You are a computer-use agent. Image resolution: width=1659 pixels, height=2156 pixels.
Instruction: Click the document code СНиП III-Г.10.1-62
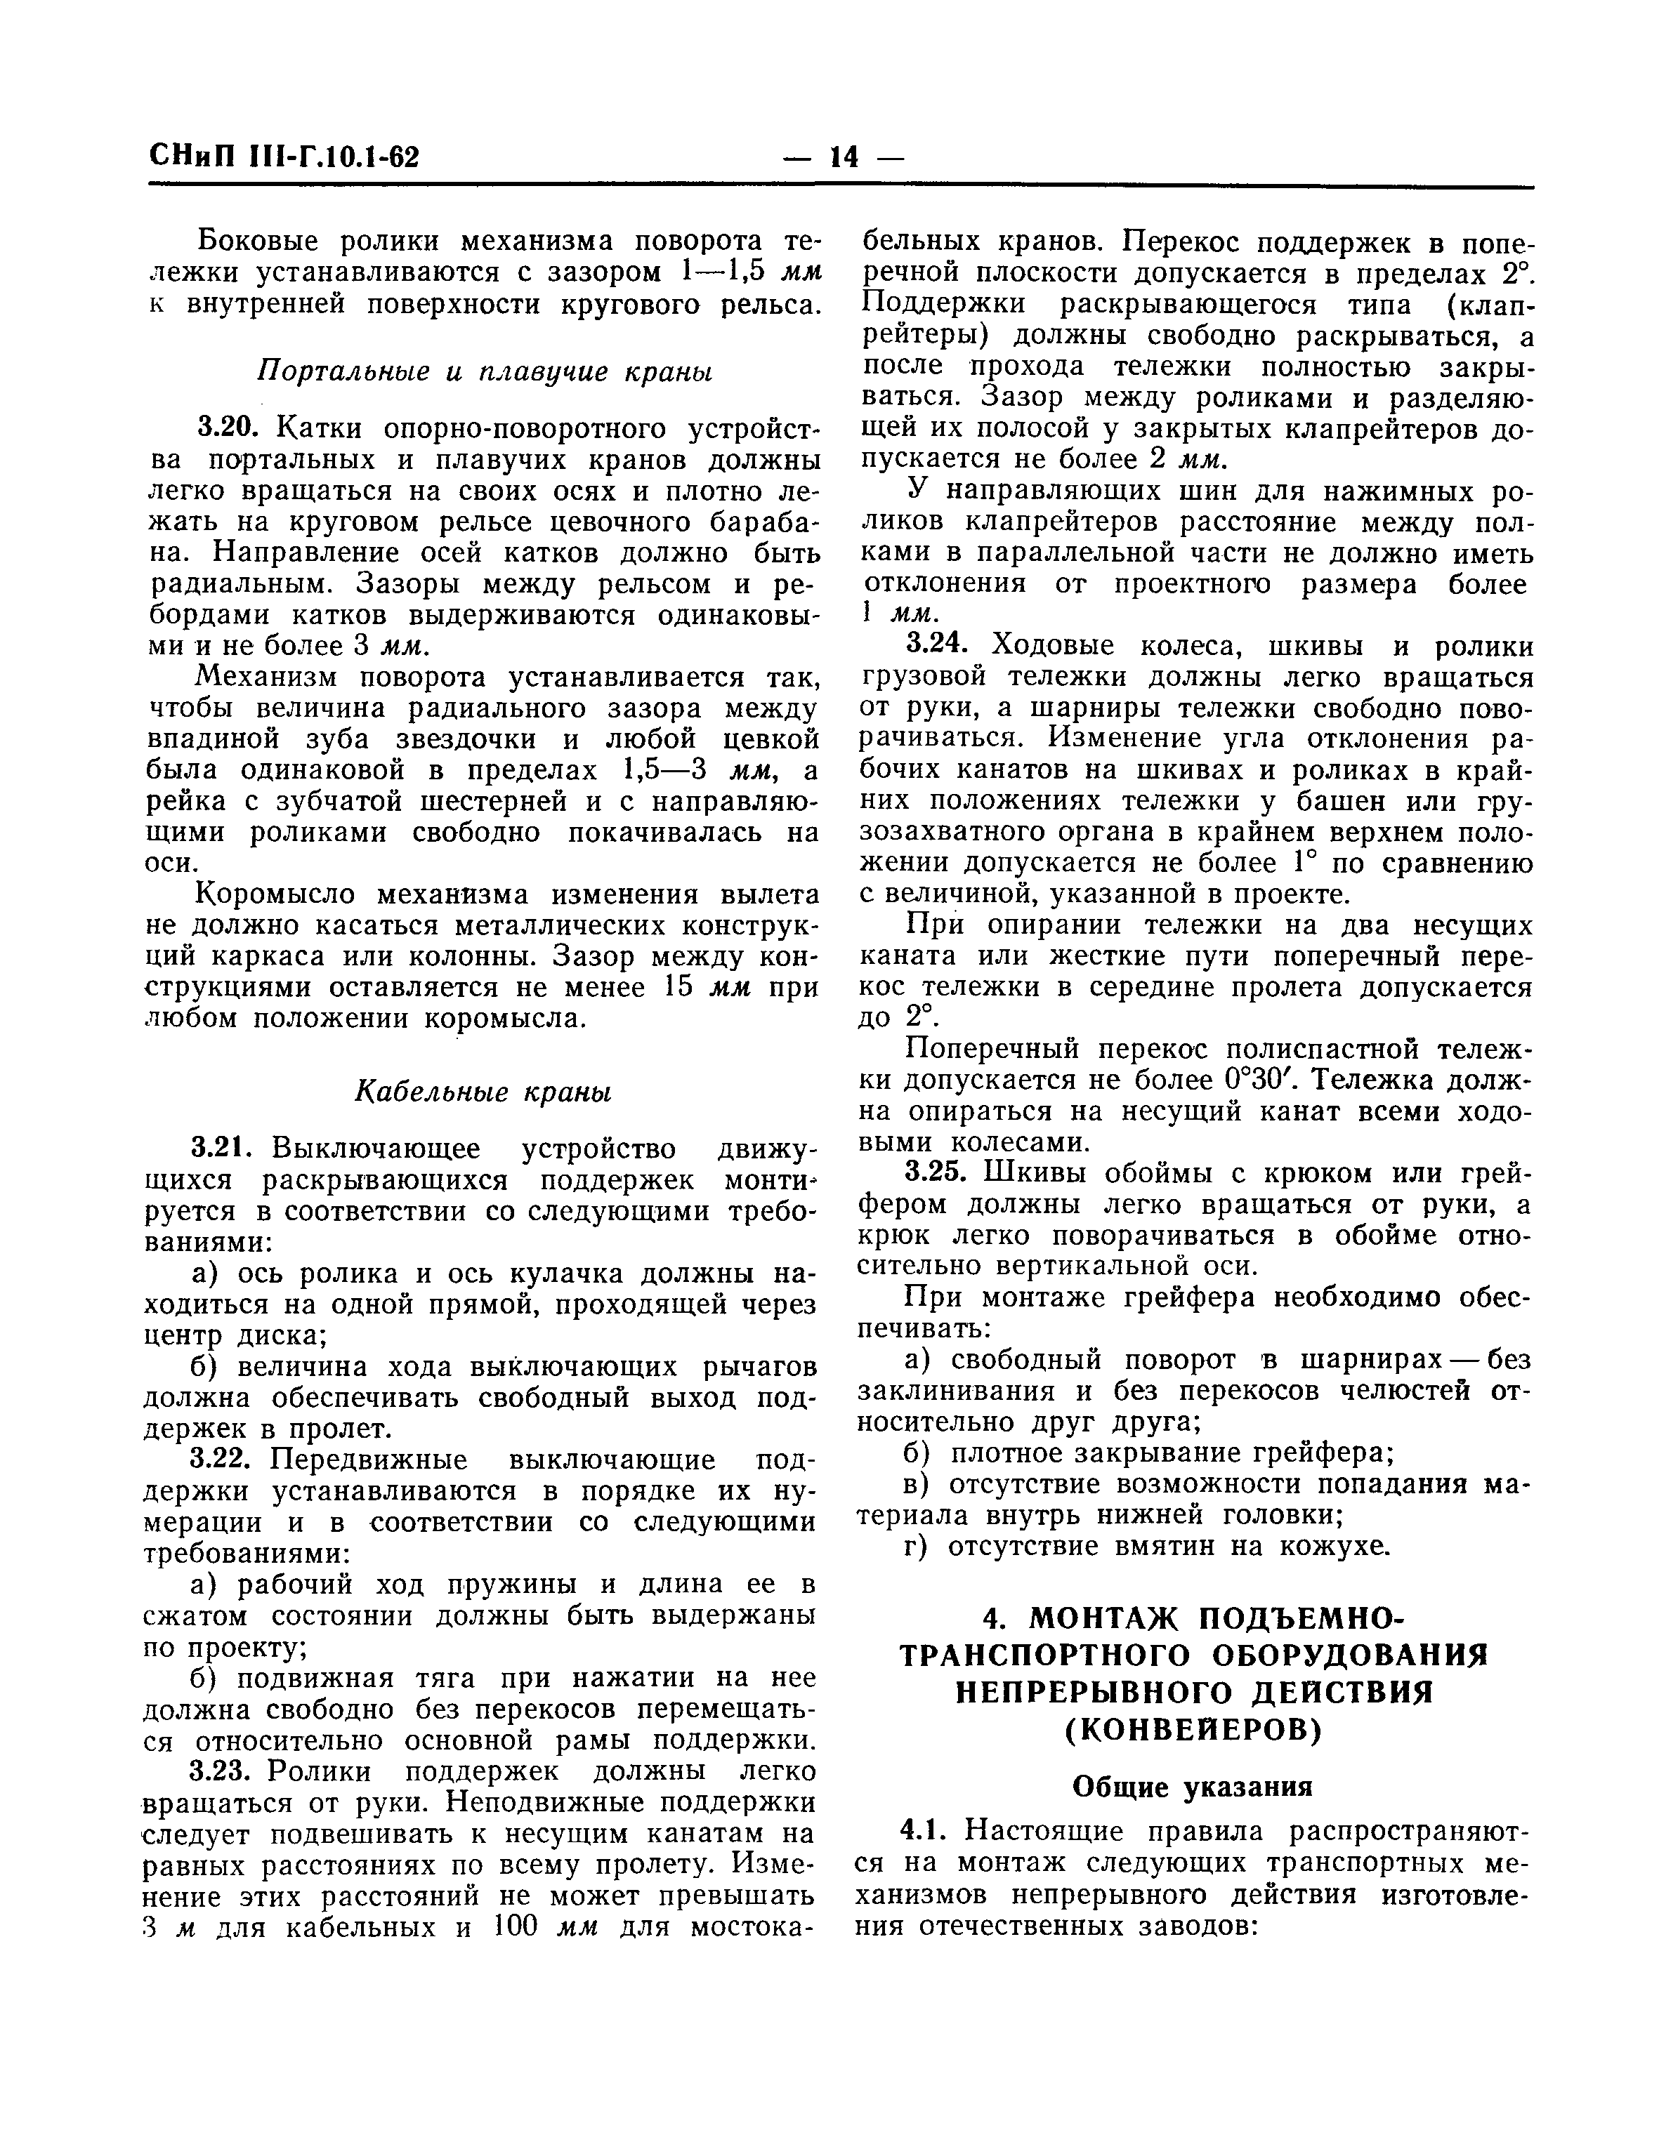coord(284,157)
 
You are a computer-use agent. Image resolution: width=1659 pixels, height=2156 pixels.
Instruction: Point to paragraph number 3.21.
coord(227,1149)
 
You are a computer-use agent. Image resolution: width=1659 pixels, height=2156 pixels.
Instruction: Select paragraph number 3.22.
coord(227,1459)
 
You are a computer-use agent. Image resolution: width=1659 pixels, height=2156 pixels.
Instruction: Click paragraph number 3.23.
coord(227,1770)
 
